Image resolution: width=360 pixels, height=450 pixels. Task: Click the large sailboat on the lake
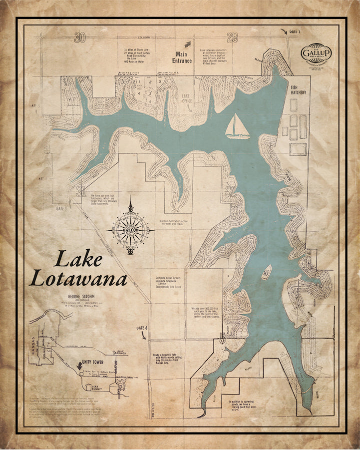[237, 127]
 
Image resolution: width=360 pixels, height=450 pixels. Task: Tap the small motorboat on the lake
[267, 272]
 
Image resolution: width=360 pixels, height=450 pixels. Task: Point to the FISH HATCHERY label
[299, 90]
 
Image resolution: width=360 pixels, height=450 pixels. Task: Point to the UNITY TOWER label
[90, 361]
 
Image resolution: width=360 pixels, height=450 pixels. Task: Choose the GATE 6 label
[142, 327]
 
